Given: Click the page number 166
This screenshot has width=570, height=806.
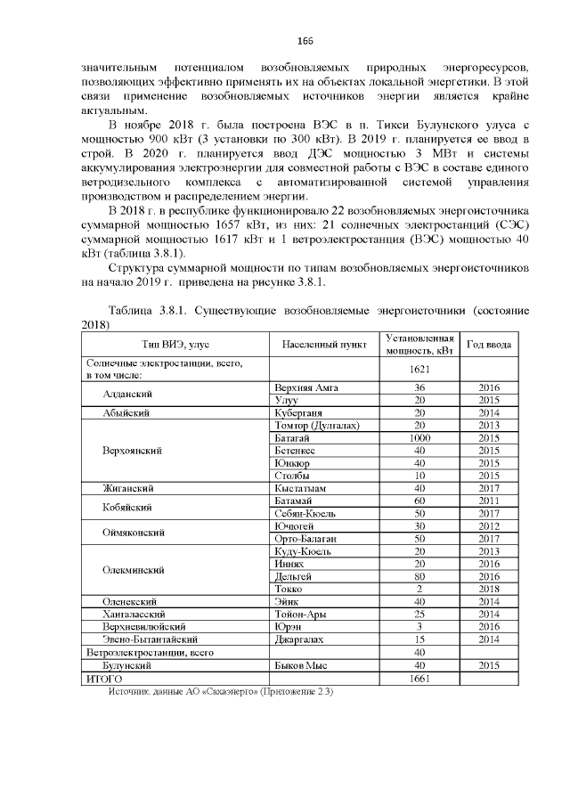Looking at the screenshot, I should (305, 41).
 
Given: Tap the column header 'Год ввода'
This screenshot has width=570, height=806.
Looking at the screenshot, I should (489, 344).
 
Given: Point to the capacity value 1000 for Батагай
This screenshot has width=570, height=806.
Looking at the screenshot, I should (419, 438).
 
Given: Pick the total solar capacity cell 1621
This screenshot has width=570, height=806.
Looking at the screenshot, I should (419, 369).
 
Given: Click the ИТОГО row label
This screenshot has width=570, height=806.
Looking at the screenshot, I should (103, 679).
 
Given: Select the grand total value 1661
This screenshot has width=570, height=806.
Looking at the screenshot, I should (419, 679).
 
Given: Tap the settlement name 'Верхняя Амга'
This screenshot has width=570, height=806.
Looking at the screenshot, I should (307, 388).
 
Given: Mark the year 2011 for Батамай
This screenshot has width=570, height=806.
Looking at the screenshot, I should (489, 501).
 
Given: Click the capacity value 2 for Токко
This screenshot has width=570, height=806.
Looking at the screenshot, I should (419, 589).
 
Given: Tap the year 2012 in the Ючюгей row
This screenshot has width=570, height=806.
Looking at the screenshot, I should (489, 526).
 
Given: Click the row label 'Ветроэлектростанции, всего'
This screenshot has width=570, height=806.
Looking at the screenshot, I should (150, 653).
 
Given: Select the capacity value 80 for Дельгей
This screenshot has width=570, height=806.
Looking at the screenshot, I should (419, 576).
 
